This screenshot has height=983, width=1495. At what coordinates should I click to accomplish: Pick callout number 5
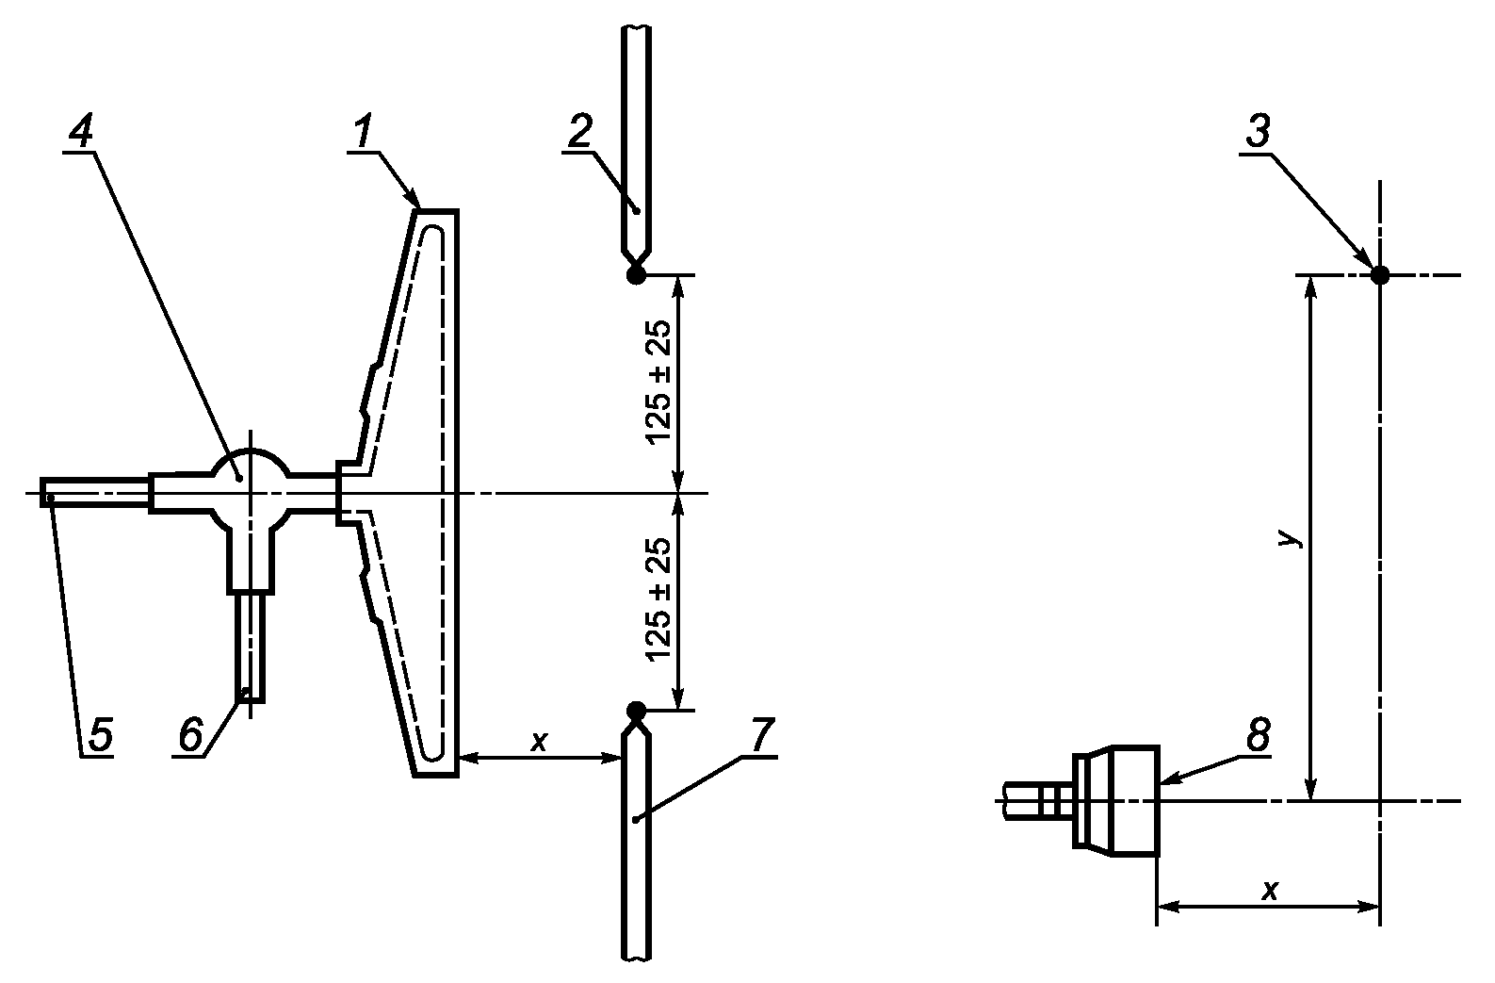(100, 734)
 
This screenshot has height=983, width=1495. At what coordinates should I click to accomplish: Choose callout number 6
(190, 734)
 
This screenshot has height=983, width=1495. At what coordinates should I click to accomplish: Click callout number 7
(761, 734)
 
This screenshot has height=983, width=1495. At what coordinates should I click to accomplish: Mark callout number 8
(1258, 734)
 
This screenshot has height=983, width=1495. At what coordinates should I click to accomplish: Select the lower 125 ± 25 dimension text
(658, 598)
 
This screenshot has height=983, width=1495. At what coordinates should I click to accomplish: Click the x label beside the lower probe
(539, 742)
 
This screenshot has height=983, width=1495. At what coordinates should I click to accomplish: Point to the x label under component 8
(1270, 891)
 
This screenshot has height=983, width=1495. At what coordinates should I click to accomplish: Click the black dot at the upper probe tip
(636, 274)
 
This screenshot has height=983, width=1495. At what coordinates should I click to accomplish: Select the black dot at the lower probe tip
(636, 709)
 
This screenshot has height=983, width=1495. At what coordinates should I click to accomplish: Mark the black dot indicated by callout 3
(1380, 274)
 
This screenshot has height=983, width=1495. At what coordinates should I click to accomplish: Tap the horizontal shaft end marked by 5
(48, 493)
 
